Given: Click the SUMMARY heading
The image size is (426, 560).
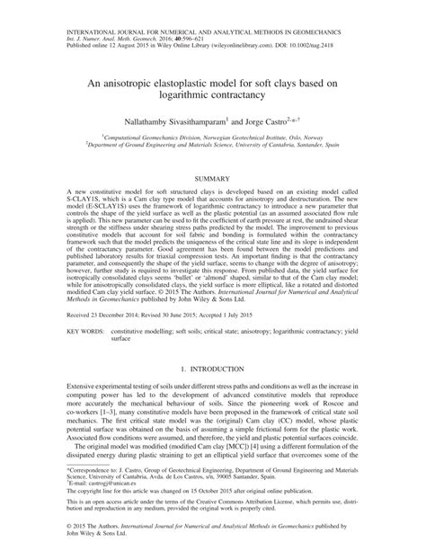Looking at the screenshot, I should pos(213,180).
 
